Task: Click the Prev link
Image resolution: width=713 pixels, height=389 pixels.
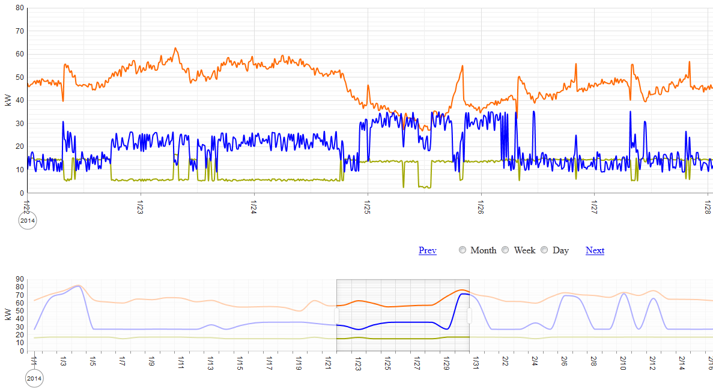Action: pyautogui.click(x=427, y=250)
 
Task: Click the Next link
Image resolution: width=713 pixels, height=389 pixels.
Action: pyautogui.click(x=595, y=250)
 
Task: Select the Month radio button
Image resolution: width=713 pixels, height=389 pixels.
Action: pyautogui.click(x=463, y=250)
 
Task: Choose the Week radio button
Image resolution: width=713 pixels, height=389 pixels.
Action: pyautogui.click(x=506, y=250)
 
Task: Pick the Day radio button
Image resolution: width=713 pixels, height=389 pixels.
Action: pyautogui.click(x=545, y=250)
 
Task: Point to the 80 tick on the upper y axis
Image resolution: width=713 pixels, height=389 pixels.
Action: pyautogui.click(x=20, y=8)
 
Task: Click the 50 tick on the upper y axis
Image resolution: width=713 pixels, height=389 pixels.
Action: pyautogui.click(x=20, y=77)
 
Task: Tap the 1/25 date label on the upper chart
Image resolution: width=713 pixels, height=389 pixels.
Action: pyautogui.click(x=367, y=208)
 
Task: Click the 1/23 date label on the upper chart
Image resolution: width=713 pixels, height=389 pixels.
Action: pyautogui.click(x=140, y=208)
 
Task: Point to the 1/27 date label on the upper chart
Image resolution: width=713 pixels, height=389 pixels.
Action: pyautogui.click(x=593, y=208)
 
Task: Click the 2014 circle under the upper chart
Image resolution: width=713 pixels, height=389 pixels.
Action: pyautogui.click(x=28, y=221)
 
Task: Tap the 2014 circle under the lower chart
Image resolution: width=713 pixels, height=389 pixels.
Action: pyautogui.click(x=35, y=379)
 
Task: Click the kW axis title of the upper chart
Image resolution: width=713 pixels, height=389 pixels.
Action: pyautogui.click(x=8, y=100)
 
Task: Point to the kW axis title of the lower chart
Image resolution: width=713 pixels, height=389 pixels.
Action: pyautogui.click(x=8, y=314)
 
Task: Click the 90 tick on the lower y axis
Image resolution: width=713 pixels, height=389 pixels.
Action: pyautogui.click(x=20, y=279)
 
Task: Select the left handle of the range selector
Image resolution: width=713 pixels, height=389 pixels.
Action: pyautogui.click(x=336, y=316)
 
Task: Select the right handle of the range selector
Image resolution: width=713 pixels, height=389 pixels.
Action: pyautogui.click(x=469, y=316)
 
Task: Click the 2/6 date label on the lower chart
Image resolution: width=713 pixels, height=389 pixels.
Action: pyautogui.click(x=564, y=362)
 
